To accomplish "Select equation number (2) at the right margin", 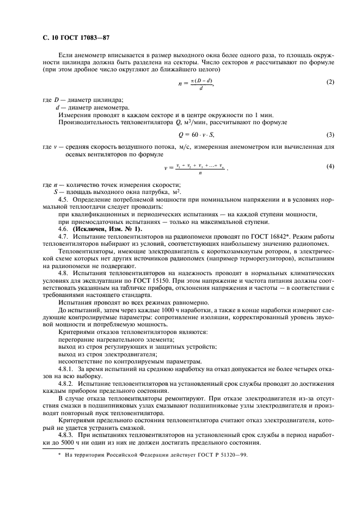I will click(331, 82).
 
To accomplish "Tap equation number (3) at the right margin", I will click(331, 134).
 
